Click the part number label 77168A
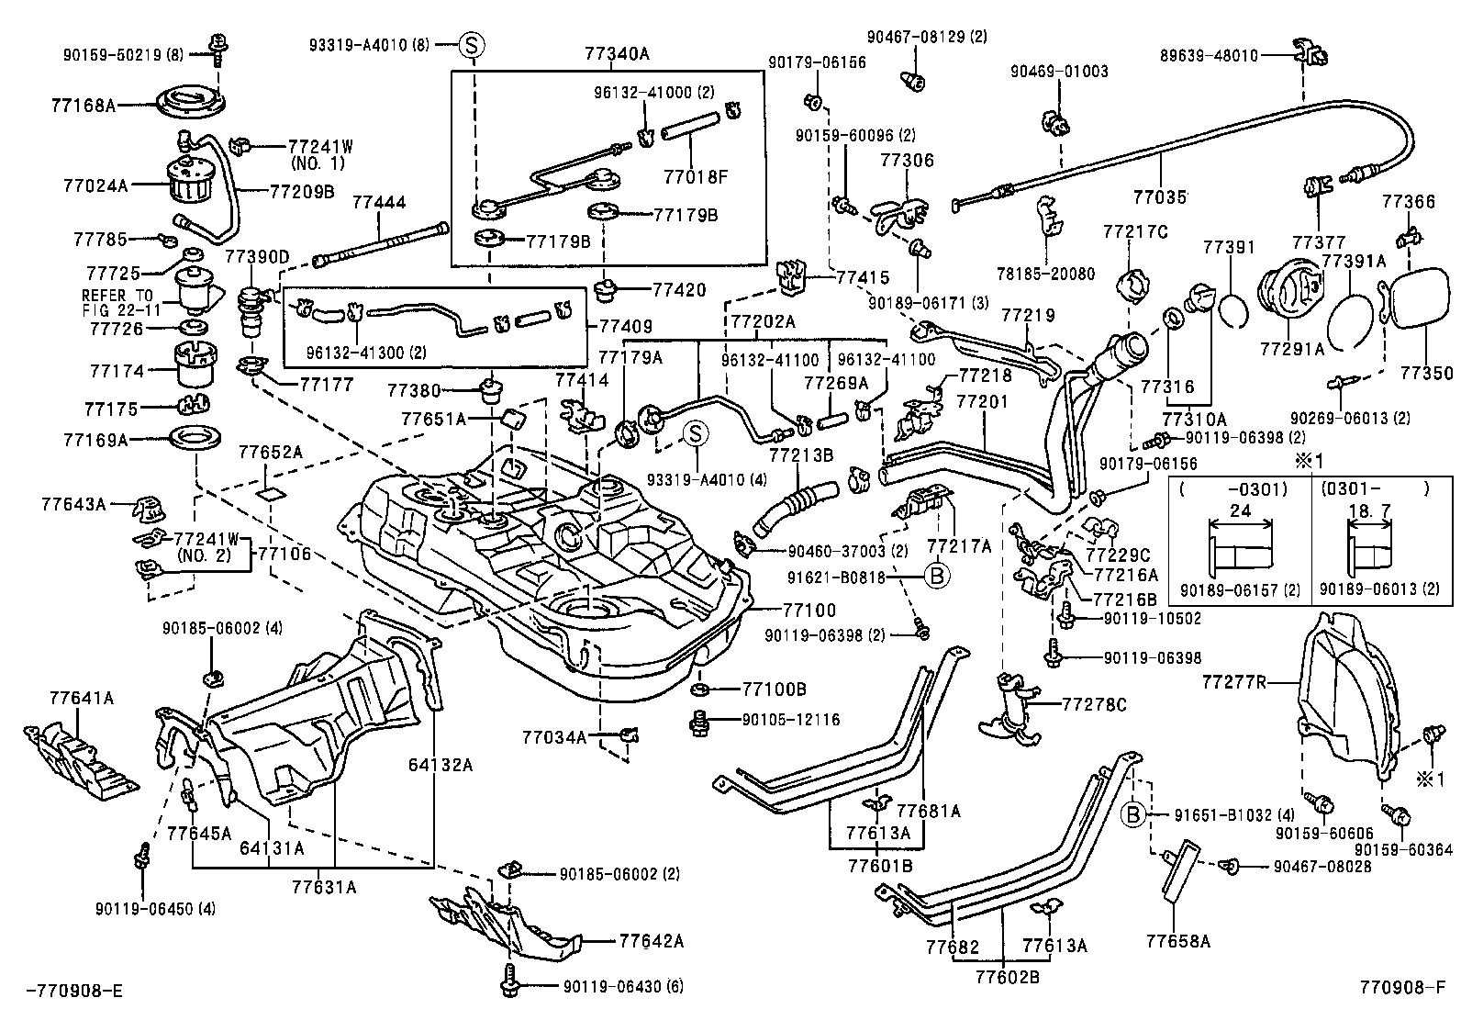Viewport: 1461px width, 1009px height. (x=84, y=107)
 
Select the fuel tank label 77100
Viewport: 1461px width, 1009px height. (x=809, y=610)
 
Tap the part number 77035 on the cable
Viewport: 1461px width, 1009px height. (x=1160, y=197)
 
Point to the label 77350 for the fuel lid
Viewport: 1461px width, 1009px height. (x=1427, y=374)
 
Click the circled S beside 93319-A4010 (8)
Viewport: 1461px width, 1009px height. (x=472, y=43)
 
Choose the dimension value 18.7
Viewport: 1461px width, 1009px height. (x=1366, y=510)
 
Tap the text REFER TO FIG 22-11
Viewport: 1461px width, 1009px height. (x=119, y=302)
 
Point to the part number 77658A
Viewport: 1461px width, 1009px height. (x=1178, y=941)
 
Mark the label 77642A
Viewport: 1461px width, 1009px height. (x=652, y=941)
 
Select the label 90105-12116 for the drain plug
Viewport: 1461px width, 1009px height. (x=791, y=720)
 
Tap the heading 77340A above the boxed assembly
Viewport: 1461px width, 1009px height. (x=617, y=54)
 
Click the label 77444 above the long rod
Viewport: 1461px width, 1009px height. (x=380, y=203)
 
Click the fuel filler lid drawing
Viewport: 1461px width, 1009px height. (x=1418, y=312)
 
